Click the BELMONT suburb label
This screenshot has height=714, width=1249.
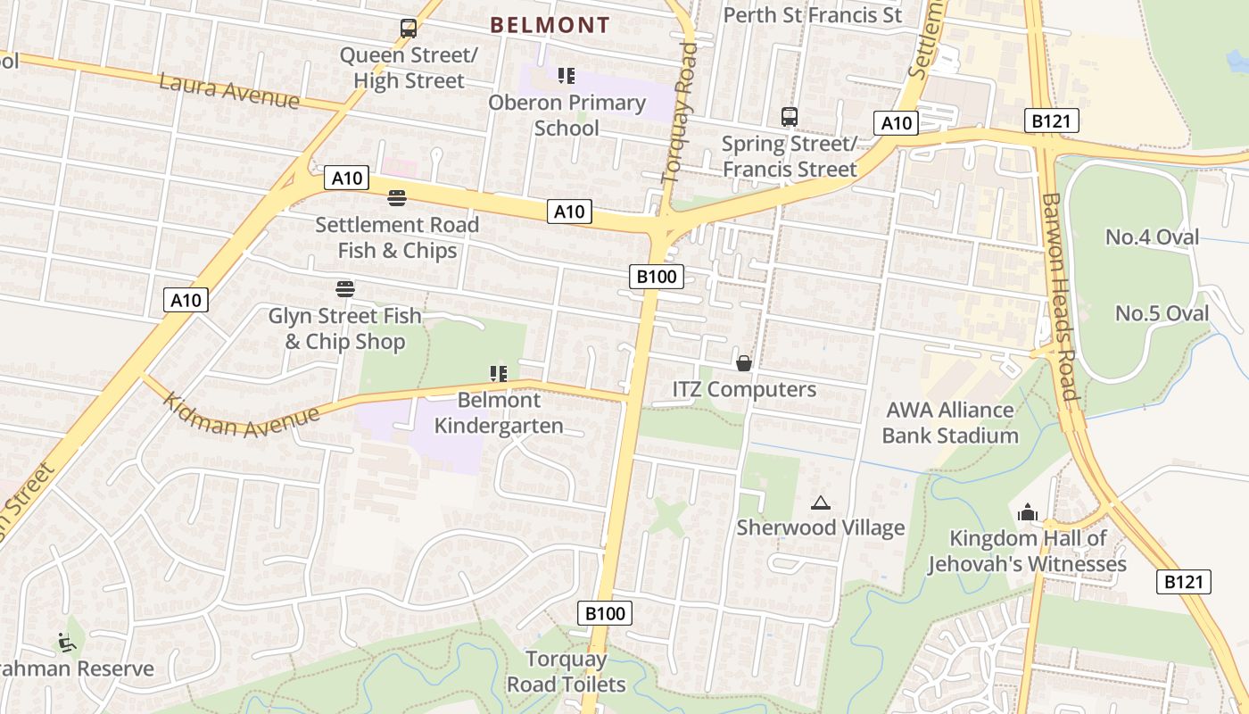tap(550, 25)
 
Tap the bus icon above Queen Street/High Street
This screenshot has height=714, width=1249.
tap(409, 29)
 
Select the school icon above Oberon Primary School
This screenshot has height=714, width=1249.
tap(567, 76)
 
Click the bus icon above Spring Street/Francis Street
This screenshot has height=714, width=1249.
tap(789, 117)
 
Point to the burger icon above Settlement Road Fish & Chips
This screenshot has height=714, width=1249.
tap(397, 197)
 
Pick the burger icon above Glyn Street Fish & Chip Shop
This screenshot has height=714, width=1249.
tap(345, 288)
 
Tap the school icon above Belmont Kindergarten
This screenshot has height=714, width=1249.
tap(498, 374)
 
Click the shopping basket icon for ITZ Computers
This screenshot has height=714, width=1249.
tap(743, 363)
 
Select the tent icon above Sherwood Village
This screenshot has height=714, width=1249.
tap(821, 503)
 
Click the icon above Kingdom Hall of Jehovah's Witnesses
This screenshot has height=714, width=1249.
tap(1027, 512)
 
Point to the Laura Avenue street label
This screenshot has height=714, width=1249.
tap(229, 92)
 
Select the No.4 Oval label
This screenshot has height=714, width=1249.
tap(1152, 237)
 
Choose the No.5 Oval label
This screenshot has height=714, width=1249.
tap(1162, 313)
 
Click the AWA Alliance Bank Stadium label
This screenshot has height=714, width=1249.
tap(949, 423)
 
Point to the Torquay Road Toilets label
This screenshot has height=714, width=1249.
tap(567, 672)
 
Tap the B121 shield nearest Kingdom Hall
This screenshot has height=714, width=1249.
tap(1184, 582)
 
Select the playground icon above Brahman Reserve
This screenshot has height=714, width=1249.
tap(64, 642)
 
